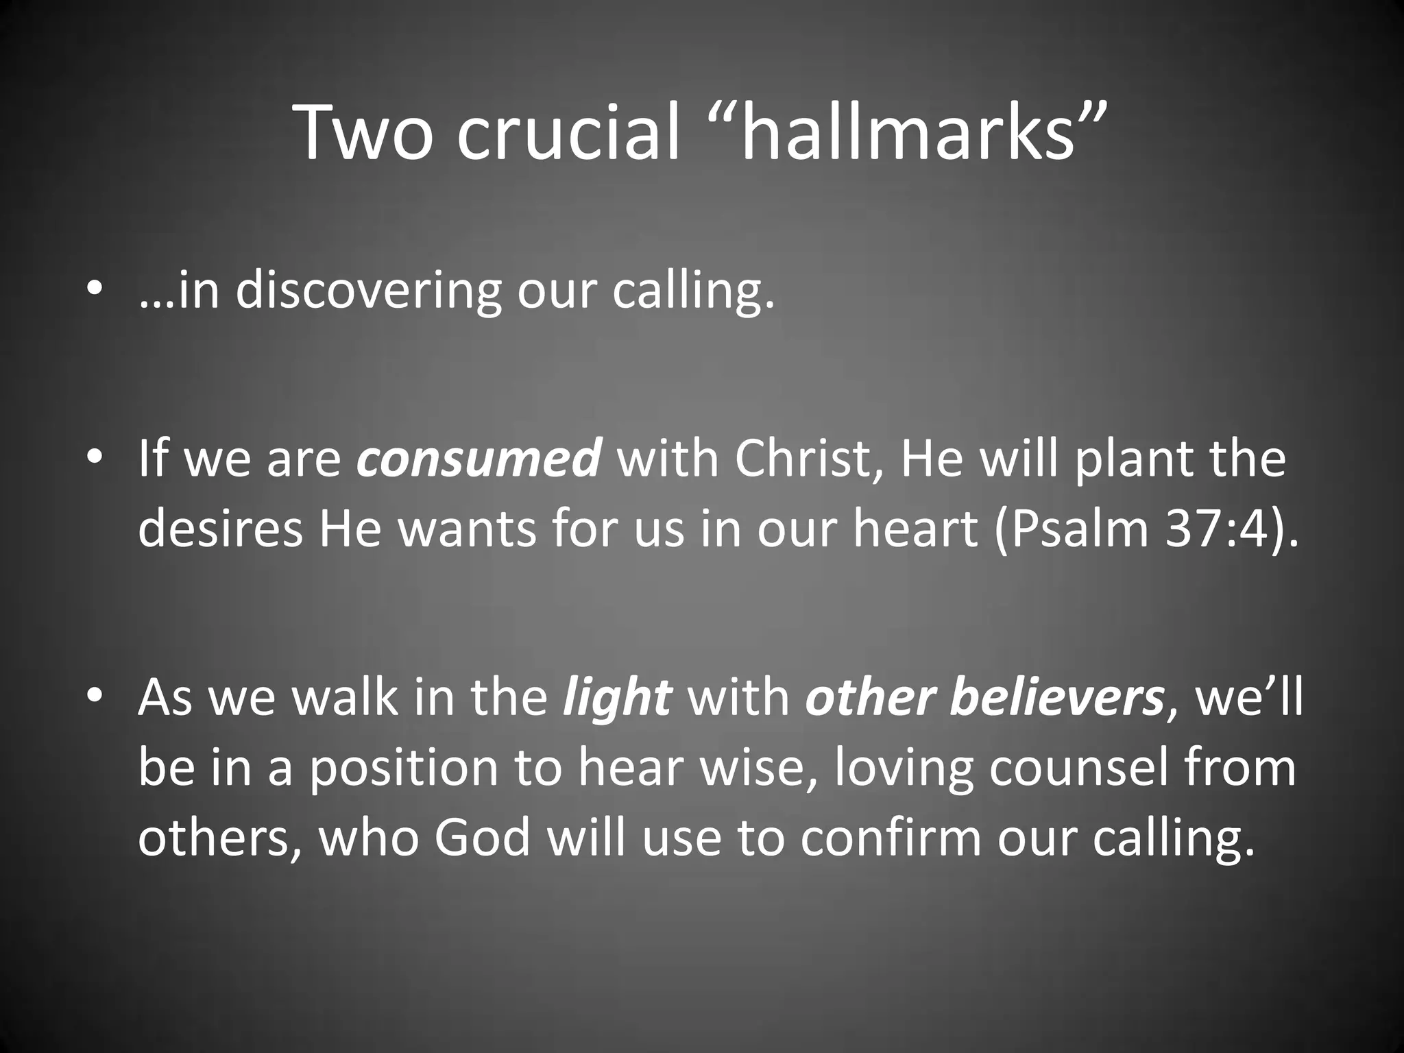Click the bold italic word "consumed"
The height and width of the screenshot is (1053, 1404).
pyautogui.click(x=479, y=459)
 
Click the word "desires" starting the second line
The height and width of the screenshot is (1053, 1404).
pyautogui.click(x=220, y=529)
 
